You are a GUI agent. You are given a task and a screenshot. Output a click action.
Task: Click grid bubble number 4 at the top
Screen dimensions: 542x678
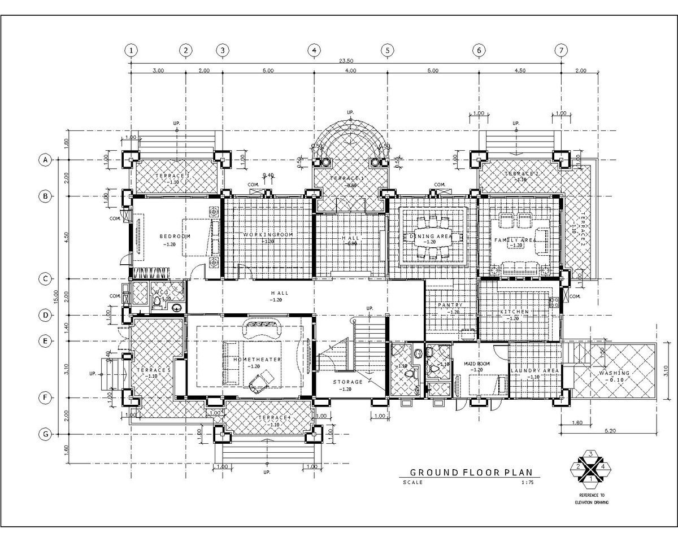[314, 50]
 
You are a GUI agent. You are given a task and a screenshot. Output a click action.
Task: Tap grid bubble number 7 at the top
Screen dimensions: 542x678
[561, 50]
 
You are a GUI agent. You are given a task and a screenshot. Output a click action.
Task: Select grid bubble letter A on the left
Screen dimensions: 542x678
[44, 160]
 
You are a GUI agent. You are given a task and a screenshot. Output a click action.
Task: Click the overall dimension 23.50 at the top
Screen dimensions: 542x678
[346, 61]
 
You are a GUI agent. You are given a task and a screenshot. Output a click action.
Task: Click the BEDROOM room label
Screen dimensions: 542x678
[169, 236]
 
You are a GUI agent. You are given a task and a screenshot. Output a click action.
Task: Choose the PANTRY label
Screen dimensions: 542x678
[450, 305]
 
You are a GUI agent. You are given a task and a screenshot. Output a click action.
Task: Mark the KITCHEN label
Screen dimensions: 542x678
[514, 312]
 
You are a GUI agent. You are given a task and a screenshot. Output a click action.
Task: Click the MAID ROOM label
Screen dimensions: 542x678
[477, 364]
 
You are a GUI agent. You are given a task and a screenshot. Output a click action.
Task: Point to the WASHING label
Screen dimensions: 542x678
[614, 373]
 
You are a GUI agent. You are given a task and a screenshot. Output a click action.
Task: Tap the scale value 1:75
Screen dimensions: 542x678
[527, 483]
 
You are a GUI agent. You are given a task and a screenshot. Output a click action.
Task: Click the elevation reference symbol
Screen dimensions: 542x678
[591, 467]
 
